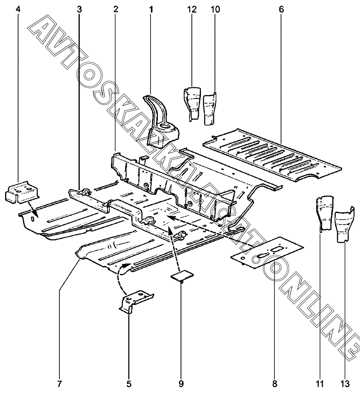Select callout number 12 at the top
[192, 9]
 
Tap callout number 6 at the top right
[281, 9]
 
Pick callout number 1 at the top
[151, 9]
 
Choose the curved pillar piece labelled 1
[160, 121]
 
